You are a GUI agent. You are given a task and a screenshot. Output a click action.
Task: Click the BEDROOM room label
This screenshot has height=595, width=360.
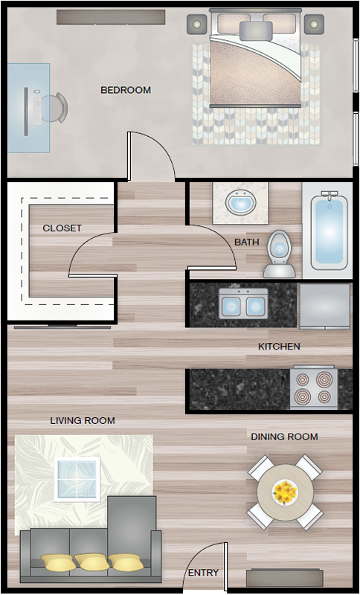click(x=126, y=90)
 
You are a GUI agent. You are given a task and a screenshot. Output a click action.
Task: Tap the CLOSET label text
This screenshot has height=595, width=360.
click(x=62, y=228)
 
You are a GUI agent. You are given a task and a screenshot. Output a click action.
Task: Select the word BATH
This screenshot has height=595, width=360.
click(x=247, y=242)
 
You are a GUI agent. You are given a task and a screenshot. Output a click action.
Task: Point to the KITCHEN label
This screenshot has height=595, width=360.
click(x=279, y=346)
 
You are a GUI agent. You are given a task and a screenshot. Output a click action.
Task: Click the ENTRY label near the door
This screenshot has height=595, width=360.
click(x=203, y=572)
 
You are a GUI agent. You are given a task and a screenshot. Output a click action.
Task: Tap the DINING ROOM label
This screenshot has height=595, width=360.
click(x=285, y=437)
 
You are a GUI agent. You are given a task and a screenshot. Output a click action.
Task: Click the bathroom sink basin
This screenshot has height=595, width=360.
click(x=241, y=202)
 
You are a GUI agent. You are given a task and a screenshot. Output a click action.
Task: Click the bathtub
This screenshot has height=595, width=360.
click(x=330, y=231)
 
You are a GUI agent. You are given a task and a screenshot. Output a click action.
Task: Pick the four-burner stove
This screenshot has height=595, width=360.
click(x=314, y=387)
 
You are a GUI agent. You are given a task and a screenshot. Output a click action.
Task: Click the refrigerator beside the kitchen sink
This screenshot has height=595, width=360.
click(x=325, y=306)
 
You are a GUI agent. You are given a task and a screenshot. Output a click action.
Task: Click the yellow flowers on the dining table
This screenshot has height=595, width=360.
click(x=285, y=492)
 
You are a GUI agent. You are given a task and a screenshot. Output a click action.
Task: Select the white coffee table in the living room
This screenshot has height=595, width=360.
click(x=77, y=479)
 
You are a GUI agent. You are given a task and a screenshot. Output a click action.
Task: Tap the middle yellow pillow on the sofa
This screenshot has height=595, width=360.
click(x=91, y=562)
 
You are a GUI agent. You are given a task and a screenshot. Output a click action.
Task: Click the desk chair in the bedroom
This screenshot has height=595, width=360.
click(x=54, y=108)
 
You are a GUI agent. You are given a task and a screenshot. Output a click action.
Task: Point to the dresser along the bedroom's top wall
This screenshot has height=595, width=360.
click(x=111, y=17)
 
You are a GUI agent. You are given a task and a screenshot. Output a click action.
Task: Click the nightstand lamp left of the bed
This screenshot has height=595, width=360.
click(x=197, y=25)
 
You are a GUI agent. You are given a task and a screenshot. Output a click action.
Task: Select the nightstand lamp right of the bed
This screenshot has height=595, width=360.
click(x=314, y=25)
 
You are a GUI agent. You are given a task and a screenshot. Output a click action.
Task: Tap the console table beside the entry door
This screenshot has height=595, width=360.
click(x=285, y=578)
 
